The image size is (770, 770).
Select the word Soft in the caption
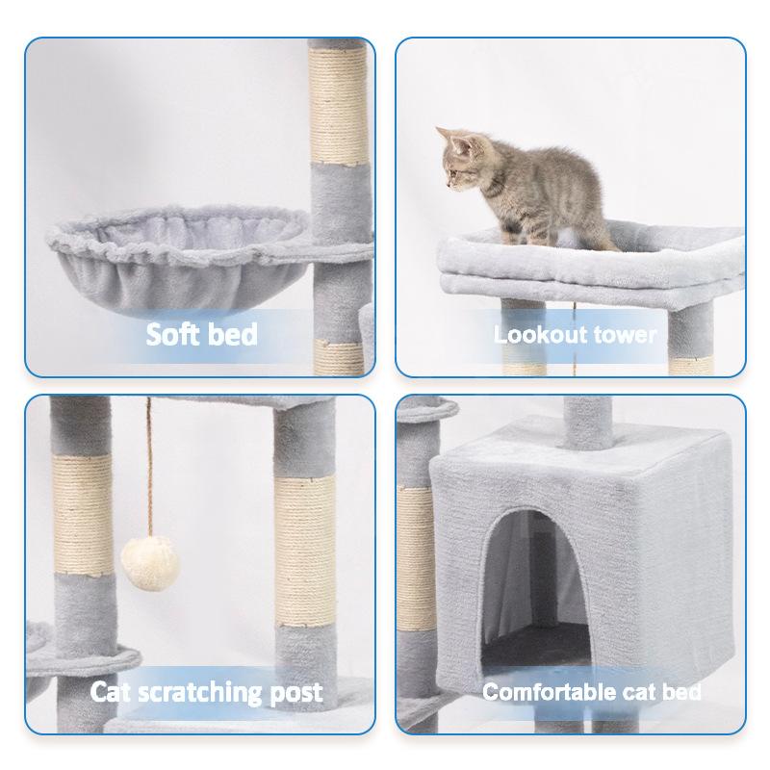tap(174, 334)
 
